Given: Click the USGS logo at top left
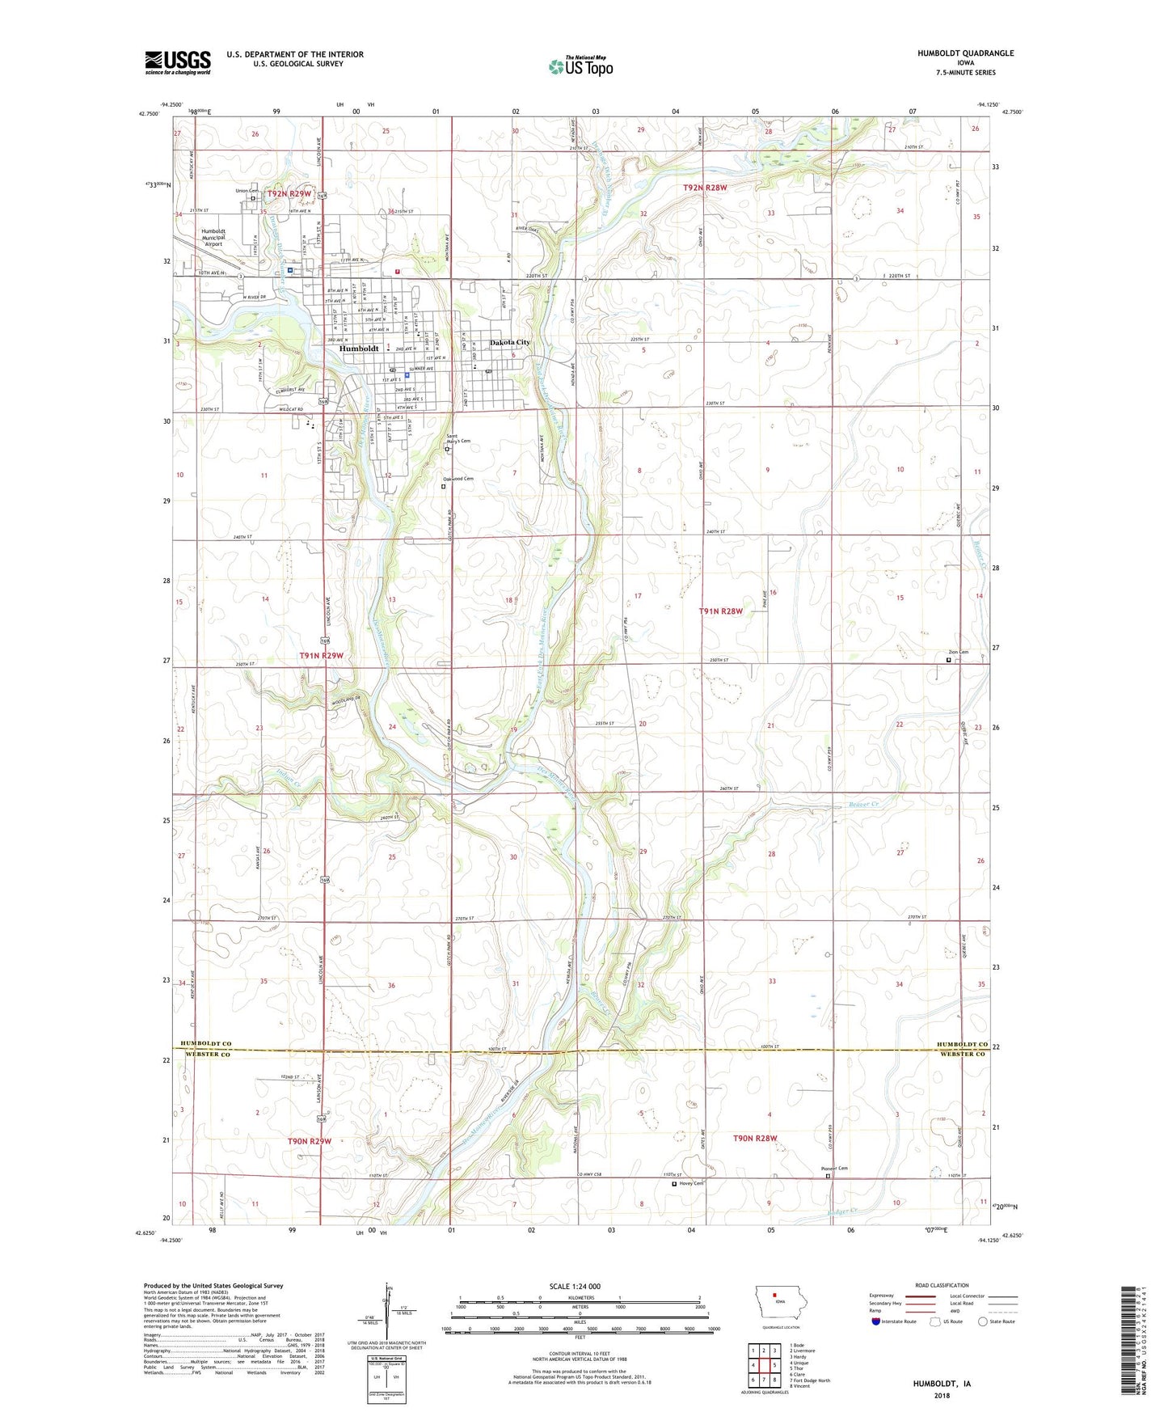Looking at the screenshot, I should (178, 62).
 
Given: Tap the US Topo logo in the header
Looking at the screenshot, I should (580, 66).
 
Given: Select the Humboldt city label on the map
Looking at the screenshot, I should (359, 349).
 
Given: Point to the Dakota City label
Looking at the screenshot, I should (510, 343).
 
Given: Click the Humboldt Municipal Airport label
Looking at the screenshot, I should (213, 237).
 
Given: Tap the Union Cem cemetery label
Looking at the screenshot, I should (246, 191).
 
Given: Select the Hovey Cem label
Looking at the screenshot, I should (691, 1184).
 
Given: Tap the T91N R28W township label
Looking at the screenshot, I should (720, 611).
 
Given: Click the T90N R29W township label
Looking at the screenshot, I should (310, 1141).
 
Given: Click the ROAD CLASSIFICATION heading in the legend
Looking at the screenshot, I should (942, 1285).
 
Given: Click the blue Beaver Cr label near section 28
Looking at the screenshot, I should (863, 805).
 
